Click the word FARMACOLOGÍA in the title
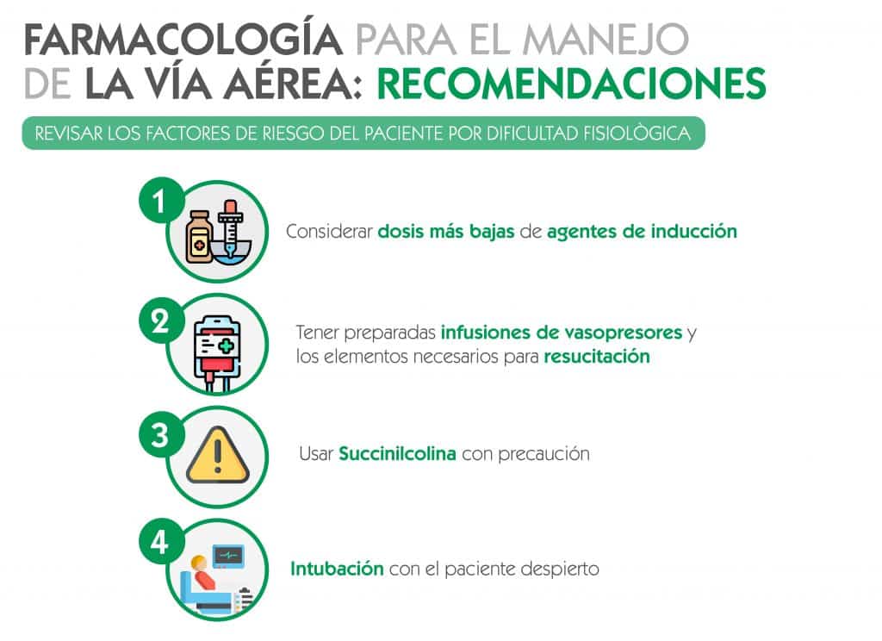pyautogui.click(x=183, y=40)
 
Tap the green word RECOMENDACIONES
pyautogui.click(x=572, y=84)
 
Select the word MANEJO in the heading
pyautogui.click(x=606, y=40)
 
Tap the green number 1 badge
pyautogui.click(x=161, y=201)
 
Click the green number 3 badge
pyautogui.click(x=161, y=434)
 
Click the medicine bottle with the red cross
pyautogui.click(x=200, y=237)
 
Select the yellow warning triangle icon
pyautogui.click(x=218, y=456)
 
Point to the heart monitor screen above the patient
pyautogui.click(x=227, y=557)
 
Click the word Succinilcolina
pyautogui.click(x=397, y=453)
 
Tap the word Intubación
pyautogui.click(x=337, y=569)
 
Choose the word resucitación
pyautogui.click(x=597, y=356)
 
